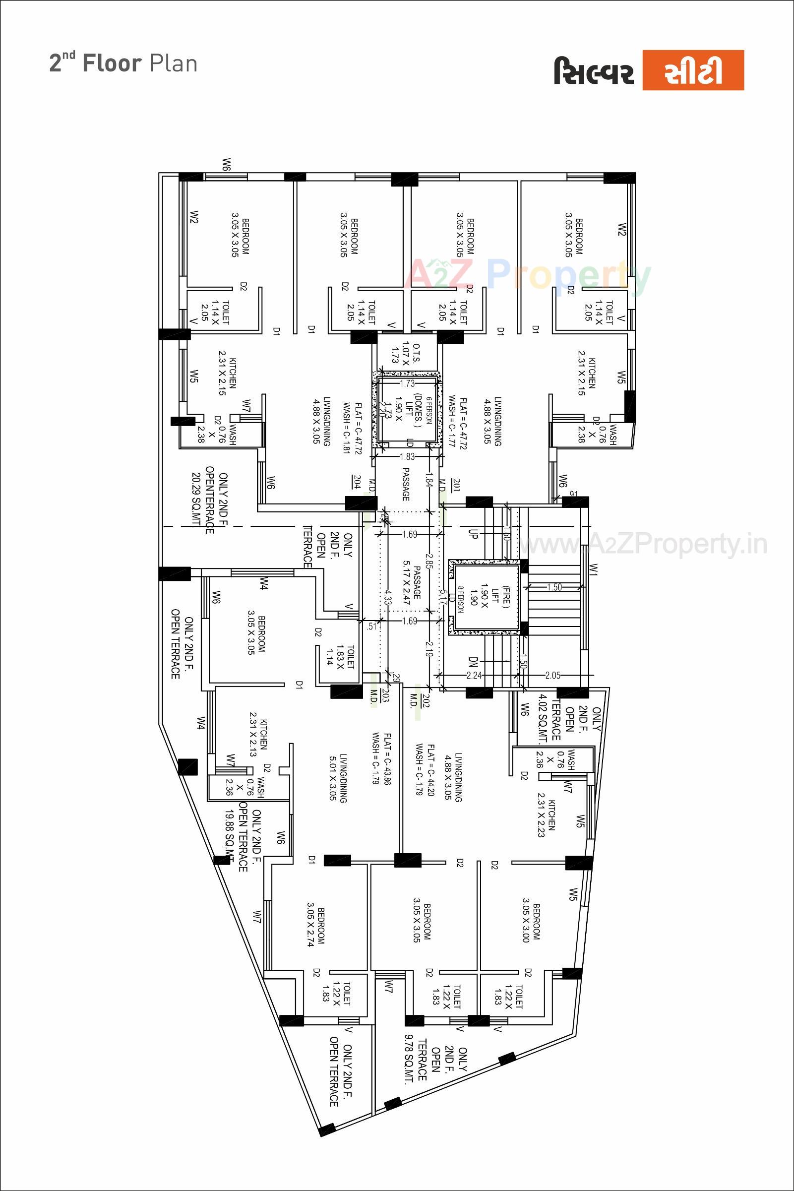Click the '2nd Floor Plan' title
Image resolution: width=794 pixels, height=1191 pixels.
click(123, 64)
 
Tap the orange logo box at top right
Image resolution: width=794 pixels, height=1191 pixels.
click(693, 70)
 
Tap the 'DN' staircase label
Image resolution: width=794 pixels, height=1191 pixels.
click(473, 662)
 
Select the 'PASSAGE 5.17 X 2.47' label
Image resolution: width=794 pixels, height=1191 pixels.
click(412, 582)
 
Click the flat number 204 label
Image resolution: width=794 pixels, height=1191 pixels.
click(357, 482)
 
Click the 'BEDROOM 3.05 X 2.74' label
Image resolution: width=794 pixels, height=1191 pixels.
click(315, 926)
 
